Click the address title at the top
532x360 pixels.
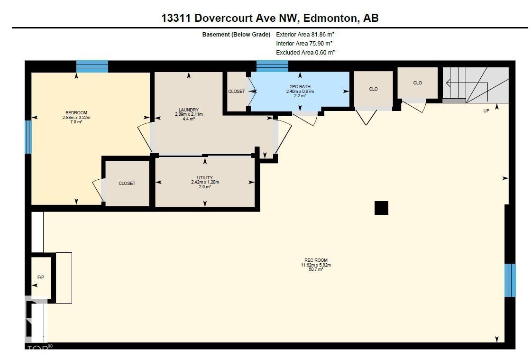pyautogui.click(x=270, y=18)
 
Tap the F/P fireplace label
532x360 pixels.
pyautogui.click(x=40, y=277)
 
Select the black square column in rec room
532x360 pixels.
pyautogui.click(x=381, y=208)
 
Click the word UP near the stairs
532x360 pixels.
pyautogui.click(x=486, y=111)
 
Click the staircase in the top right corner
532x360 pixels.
pyautogui.click(x=476, y=85)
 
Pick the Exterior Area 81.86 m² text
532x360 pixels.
pyautogui.click(x=305, y=35)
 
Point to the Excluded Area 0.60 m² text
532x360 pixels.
pyautogui.click(x=305, y=53)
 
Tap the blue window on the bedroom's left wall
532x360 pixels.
pyautogui.click(x=28, y=137)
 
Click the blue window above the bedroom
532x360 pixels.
pyautogui.click(x=92, y=66)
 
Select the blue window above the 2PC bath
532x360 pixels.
pyautogui.click(x=272, y=66)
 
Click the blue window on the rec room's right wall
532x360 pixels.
pyautogui.click(x=510, y=280)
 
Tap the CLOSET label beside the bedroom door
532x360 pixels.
pyautogui.click(x=127, y=184)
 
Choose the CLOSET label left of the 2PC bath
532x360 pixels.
pyautogui.click(x=236, y=92)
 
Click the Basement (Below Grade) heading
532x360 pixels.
pyautogui.click(x=236, y=35)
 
